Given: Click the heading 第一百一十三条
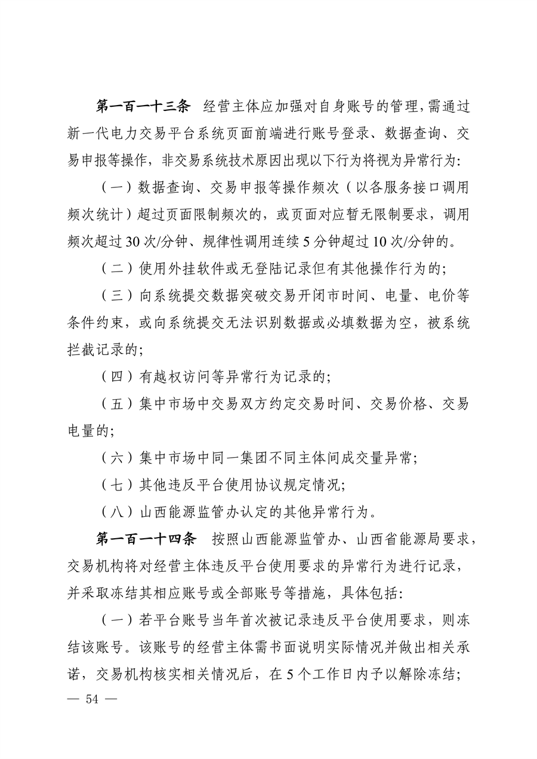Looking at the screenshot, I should [143, 107].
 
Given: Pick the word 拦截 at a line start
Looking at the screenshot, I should [83, 350].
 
